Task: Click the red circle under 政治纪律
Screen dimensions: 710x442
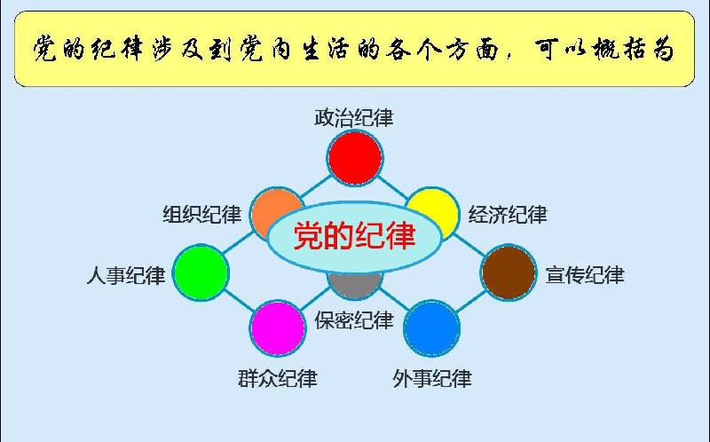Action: pyautogui.click(x=355, y=158)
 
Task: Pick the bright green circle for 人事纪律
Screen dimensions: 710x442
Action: pyautogui.click(x=201, y=272)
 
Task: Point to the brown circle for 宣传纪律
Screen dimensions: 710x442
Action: pyautogui.click(x=509, y=272)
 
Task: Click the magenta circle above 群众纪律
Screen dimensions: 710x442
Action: pyautogui.click(x=278, y=328)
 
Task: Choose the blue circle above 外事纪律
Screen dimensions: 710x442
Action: pyautogui.click(x=431, y=328)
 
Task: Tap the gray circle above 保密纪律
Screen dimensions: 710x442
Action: pyautogui.click(x=355, y=285)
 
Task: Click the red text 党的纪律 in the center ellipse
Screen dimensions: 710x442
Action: pyautogui.click(x=354, y=235)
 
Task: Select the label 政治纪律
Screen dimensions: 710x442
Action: pyautogui.click(x=354, y=118)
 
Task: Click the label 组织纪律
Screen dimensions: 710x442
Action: pyautogui.click(x=202, y=214)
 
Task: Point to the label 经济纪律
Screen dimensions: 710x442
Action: pyautogui.click(x=508, y=214)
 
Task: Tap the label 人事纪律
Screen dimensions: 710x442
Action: pyautogui.click(x=126, y=275)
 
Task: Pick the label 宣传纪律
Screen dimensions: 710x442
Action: pyautogui.click(x=585, y=275)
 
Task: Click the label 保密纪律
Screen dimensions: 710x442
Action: pyautogui.click(x=354, y=320)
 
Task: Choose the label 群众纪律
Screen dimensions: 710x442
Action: pyautogui.click(x=278, y=379)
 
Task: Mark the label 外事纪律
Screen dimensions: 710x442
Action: pyautogui.click(x=432, y=379)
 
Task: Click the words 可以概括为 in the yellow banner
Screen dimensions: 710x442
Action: pyautogui.click(x=605, y=49)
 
